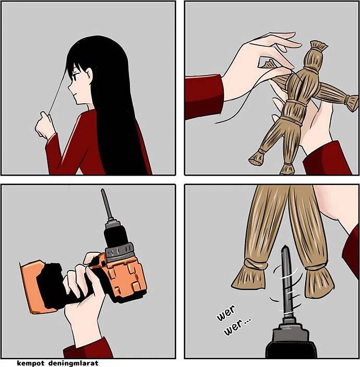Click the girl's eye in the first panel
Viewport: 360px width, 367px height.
tap(75, 77)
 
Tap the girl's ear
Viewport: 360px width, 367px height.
tap(89, 75)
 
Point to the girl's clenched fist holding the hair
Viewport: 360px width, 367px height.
tap(44, 124)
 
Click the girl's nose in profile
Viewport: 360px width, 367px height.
tap(69, 88)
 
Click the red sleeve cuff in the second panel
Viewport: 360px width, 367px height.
tap(203, 97)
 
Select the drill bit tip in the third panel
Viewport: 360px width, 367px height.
tap(103, 191)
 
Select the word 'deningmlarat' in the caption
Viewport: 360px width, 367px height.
tap(74, 363)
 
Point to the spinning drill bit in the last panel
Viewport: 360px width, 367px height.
tap(287, 281)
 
